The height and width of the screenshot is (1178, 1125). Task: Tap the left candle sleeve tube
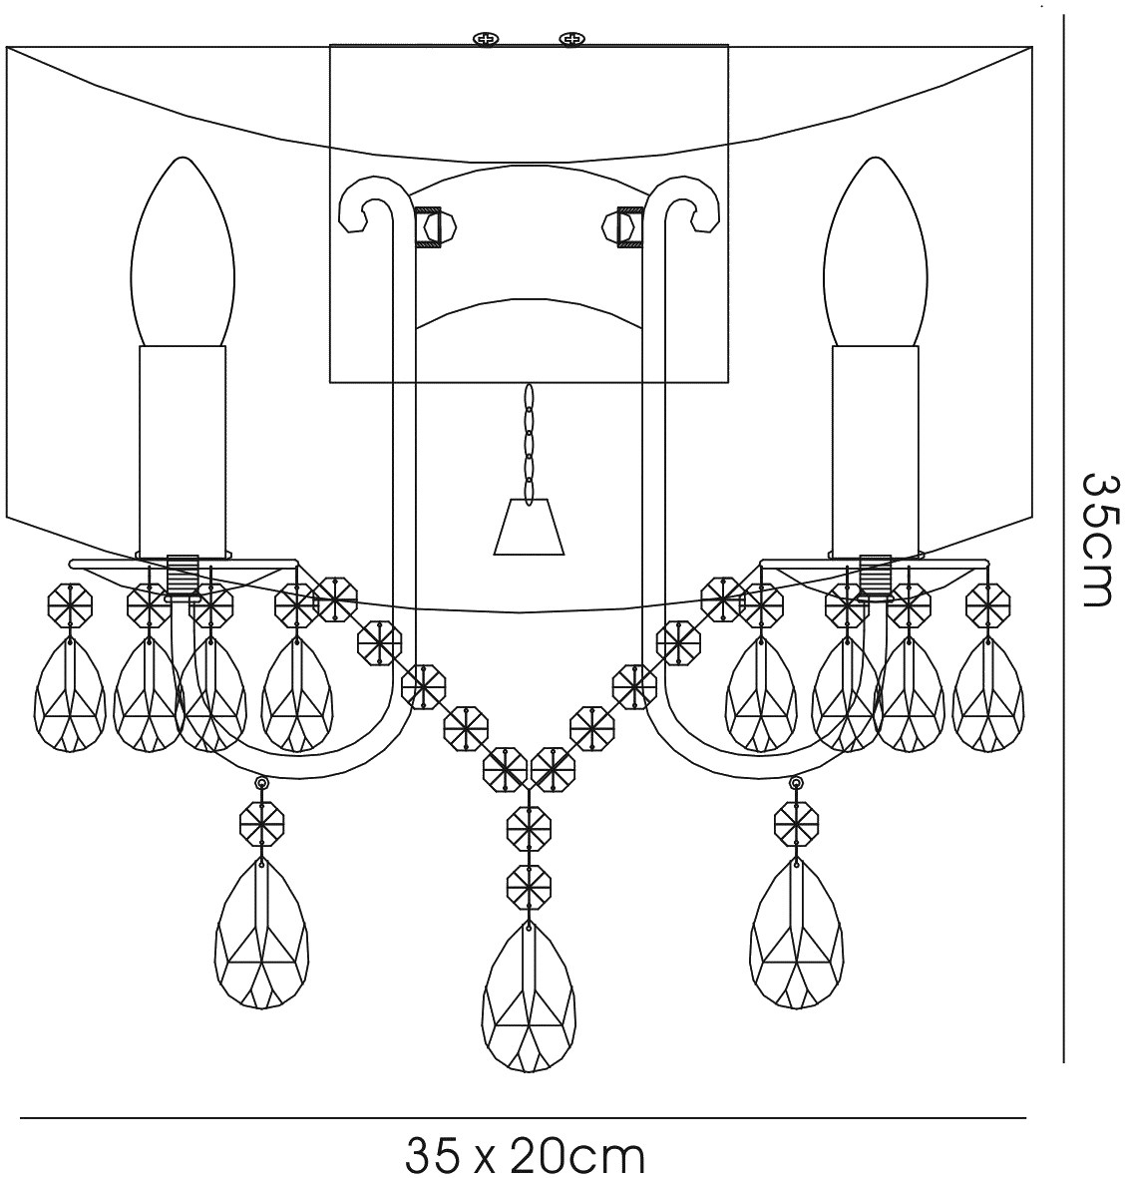pyautogui.click(x=182, y=449)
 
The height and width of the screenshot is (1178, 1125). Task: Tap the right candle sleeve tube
pyautogui.click(x=875, y=449)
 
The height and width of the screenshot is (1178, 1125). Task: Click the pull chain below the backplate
pyautogui.click(x=529, y=439)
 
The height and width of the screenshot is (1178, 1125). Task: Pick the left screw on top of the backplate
pyautogui.click(x=486, y=39)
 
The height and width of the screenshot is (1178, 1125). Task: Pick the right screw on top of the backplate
pyautogui.click(x=571, y=39)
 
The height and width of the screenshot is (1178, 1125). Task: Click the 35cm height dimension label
pyautogui.click(x=1097, y=539)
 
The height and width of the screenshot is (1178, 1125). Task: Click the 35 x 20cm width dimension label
pyautogui.click(x=526, y=1155)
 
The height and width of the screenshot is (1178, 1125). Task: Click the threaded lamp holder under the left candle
pyautogui.click(x=181, y=577)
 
